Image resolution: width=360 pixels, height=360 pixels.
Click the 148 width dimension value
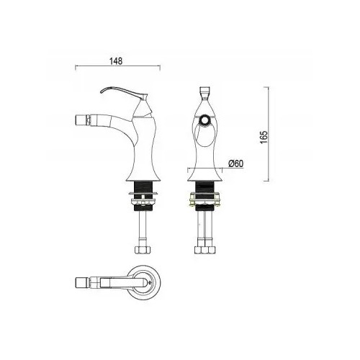click(x=116, y=61)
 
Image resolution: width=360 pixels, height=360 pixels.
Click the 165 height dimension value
click(x=264, y=137)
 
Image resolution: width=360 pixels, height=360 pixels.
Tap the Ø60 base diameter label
click(x=235, y=163)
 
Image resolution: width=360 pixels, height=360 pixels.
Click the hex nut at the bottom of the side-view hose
click(x=143, y=249)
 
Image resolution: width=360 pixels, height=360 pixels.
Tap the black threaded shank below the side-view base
click(x=143, y=197)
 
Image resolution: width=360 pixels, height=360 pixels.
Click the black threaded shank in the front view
click(x=205, y=197)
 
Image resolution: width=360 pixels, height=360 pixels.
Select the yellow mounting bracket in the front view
click(x=205, y=199)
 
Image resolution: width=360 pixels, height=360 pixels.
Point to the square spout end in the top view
click(x=82, y=282)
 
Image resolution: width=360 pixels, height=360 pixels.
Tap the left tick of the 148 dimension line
click(x=76, y=68)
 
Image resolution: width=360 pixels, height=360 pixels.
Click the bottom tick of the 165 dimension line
click(x=266, y=181)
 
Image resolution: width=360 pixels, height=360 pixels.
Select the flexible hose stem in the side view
click(x=143, y=228)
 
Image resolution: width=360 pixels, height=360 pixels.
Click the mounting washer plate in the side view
click(x=143, y=193)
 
